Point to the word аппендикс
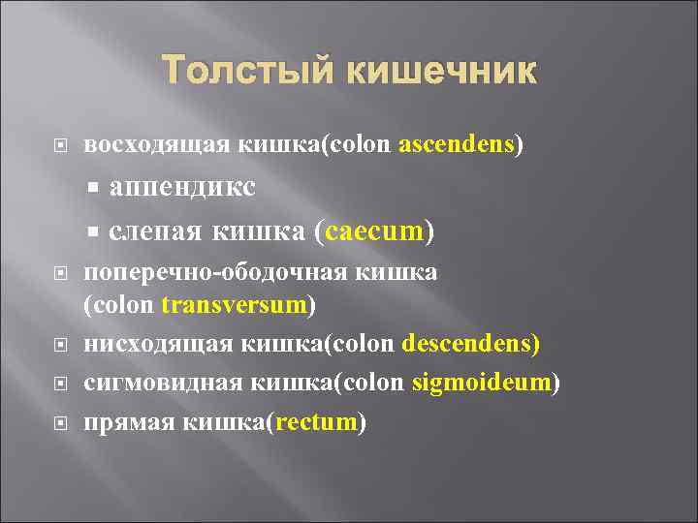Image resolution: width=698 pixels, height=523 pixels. pos(182,188)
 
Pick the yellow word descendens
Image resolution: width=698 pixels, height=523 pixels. pos(470,344)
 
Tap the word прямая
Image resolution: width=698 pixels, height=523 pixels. pos(120,423)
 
